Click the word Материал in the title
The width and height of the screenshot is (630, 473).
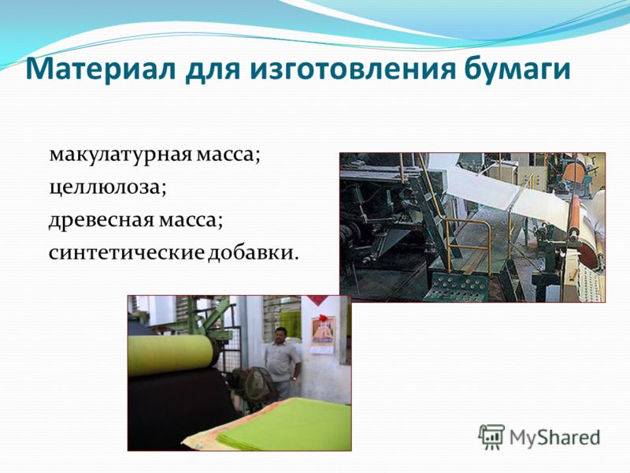pos(101,69)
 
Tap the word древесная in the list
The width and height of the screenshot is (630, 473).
pos(102,221)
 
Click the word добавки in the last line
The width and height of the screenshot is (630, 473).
pos(253,251)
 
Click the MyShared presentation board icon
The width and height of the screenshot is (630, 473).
pos(491,437)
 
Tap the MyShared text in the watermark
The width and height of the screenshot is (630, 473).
pos(554,438)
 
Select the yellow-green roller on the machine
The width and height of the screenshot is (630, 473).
pos(171,355)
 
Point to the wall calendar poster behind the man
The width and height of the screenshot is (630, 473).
pos(322,334)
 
